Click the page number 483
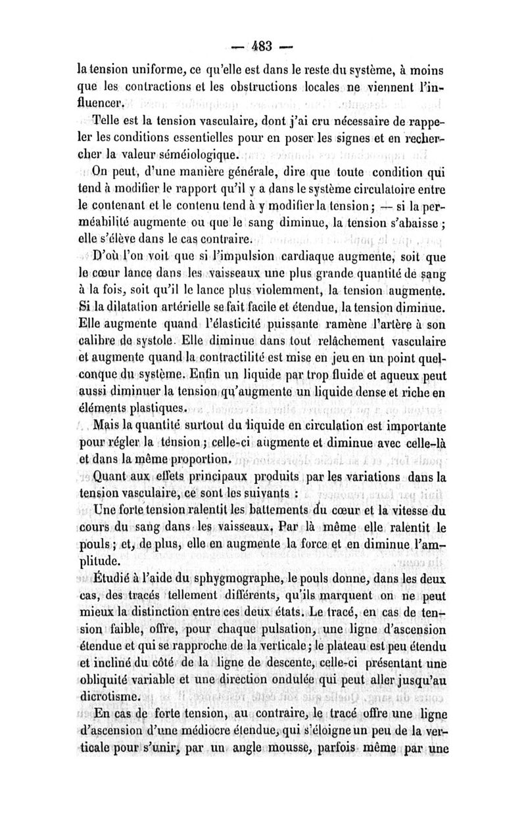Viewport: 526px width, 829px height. coord(263,47)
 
